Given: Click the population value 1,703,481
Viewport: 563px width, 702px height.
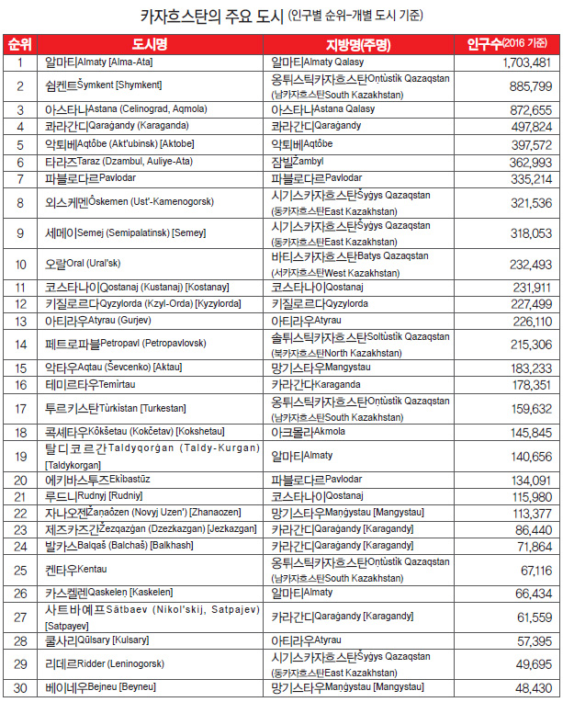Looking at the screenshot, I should click(x=527, y=62).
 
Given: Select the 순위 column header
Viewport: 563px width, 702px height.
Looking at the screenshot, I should click(x=19, y=44).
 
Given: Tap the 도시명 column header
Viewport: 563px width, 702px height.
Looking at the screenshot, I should click(x=153, y=44).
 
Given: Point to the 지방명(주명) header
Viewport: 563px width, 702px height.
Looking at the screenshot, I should click(x=357, y=44).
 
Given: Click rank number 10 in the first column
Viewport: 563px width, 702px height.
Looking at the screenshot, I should click(x=19, y=264).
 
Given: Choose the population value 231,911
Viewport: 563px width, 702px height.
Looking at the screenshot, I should click(x=531, y=287).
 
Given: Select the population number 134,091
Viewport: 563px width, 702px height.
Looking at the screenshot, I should click(x=531, y=480).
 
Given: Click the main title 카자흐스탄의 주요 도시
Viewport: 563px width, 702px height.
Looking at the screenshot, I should click(x=211, y=16).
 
